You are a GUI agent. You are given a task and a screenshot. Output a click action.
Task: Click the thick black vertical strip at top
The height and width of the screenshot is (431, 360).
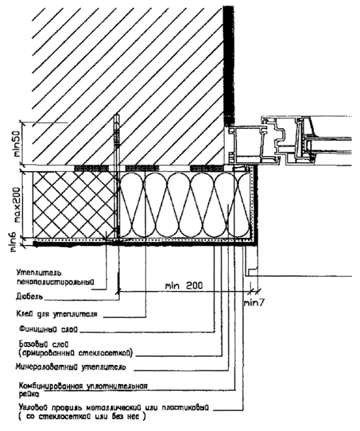(x=227, y=60)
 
